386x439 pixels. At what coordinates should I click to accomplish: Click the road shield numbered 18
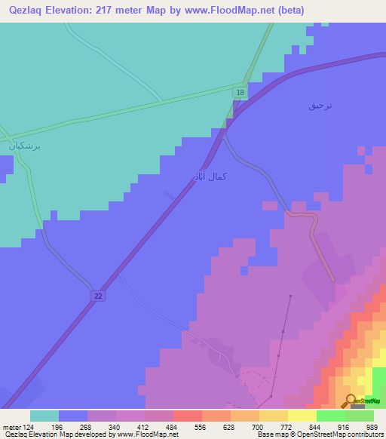click(x=239, y=92)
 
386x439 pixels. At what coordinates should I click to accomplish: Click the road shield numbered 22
click(x=98, y=296)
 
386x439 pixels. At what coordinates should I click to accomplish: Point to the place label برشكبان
click(x=25, y=146)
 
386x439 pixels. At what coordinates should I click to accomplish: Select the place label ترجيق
click(x=320, y=106)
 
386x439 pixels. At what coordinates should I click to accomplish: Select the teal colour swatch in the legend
click(x=44, y=416)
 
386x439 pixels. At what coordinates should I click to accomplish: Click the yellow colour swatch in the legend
click(x=302, y=416)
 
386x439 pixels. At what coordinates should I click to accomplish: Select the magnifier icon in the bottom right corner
click(x=351, y=401)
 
